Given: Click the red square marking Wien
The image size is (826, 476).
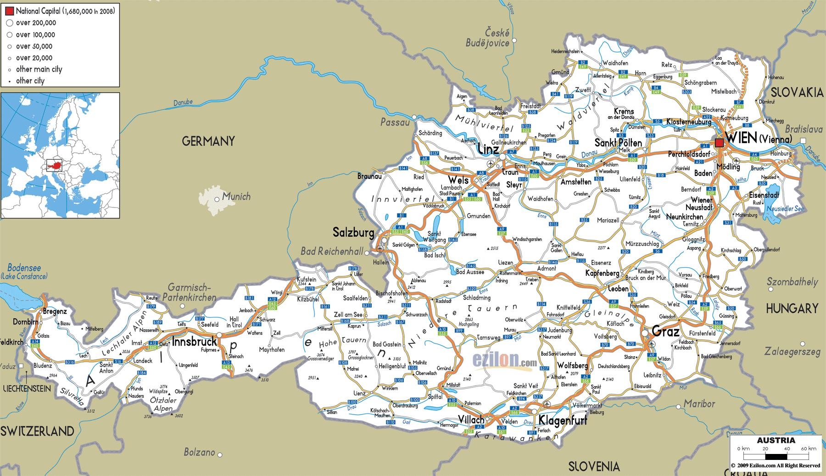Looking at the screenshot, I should (719, 143).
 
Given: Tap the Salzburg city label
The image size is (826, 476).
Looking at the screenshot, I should (353, 233).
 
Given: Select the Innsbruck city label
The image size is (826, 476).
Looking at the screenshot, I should (194, 342).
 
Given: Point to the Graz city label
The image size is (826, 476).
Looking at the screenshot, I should (665, 331).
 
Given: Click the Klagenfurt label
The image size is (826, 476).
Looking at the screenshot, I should (563, 420).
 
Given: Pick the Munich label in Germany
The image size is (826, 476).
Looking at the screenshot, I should (236, 196).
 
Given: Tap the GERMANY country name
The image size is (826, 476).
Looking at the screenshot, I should (208, 141).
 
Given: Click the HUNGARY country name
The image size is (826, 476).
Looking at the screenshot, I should (792, 308).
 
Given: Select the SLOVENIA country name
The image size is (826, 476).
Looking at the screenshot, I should (594, 467).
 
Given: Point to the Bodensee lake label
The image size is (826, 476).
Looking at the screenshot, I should (24, 268).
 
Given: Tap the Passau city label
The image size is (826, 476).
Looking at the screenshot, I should (395, 122).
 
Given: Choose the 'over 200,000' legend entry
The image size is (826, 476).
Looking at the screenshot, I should (36, 23).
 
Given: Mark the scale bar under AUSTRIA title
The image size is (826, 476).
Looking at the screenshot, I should (776, 457).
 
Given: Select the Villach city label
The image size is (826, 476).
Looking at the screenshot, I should (471, 420).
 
